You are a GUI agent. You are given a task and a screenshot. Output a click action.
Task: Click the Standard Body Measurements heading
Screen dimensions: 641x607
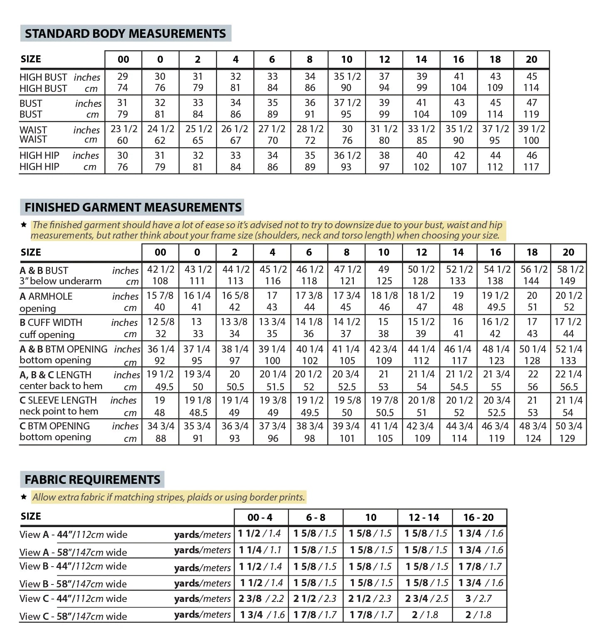coord(125,34)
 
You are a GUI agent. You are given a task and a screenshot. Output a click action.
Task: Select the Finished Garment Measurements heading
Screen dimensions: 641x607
coord(133,207)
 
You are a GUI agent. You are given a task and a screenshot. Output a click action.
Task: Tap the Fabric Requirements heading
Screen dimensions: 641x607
coord(92,479)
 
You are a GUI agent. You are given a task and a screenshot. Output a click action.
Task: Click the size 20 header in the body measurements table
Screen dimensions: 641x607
coord(531,59)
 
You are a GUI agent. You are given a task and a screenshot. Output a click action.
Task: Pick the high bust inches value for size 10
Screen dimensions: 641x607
coord(347,76)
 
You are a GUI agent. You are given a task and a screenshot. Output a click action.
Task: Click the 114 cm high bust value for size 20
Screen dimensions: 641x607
coord(531,88)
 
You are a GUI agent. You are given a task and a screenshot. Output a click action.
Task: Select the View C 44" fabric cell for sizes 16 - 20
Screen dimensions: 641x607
coord(479,599)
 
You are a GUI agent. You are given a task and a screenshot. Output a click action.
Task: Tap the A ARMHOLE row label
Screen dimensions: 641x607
coord(46,296)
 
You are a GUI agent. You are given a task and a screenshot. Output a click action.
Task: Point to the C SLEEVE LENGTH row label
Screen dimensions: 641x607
coord(58,400)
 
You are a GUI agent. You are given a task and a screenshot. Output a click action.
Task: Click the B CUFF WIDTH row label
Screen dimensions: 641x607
coord(51,323)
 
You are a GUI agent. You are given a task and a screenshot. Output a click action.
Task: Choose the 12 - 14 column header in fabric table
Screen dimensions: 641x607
coord(424,518)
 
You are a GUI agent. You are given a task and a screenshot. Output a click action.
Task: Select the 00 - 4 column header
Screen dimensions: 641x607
coord(260,518)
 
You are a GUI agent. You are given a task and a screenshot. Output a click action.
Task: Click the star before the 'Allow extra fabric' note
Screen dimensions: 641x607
coord(24,497)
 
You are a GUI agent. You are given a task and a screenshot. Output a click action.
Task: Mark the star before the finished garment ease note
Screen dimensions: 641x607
coord(24,225)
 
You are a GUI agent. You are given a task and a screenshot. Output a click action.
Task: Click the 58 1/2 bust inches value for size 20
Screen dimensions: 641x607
coord(570,269)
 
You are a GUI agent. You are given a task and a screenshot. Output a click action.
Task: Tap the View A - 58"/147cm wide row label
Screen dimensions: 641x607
coord(73,552)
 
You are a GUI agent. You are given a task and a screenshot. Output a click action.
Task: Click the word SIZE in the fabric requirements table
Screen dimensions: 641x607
coord(31,516)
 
